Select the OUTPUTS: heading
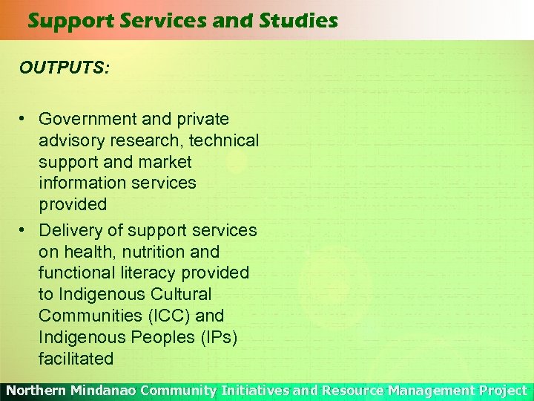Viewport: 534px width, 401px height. (65, 68)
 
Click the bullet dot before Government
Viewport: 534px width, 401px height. (24, 119)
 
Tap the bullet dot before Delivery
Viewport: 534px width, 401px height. (24, 230)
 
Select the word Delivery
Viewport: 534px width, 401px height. (69, 230)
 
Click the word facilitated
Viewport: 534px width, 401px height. (76, 359)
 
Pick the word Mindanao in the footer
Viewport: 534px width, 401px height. (102, 391)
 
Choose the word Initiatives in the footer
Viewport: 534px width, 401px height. (254, 391)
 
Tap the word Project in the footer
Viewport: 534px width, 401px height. (503, 391)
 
